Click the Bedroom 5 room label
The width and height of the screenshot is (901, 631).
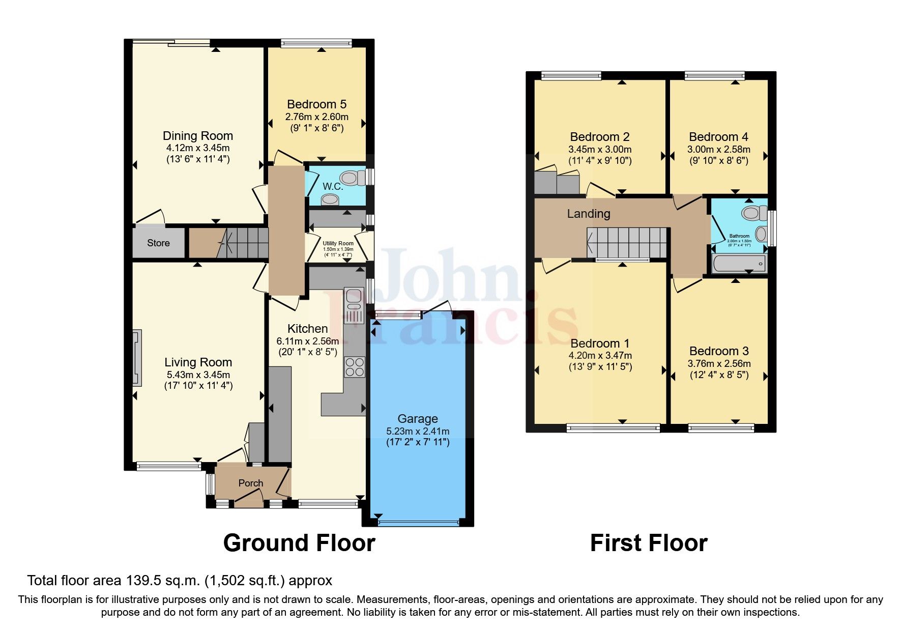[x=316, y=104]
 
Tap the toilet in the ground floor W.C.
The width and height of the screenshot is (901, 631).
[x=352, y=178]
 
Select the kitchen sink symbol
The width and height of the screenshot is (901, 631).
[x=354, y=305]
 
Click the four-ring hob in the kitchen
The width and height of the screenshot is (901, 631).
[x=355, y=367]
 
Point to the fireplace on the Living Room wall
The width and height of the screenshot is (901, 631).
[x=137, y=357]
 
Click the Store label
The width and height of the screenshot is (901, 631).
[x=158, y=243]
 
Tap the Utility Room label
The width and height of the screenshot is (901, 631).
[x=338, y=243]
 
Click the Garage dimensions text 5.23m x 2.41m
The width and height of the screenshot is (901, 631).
[x=417, y=431]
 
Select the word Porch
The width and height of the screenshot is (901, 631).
[x=251, y=483]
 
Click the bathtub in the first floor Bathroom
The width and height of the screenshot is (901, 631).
[x=739, y=264]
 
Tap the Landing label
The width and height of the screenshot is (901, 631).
[x=589, y=214]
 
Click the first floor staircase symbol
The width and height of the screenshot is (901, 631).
[x=627, y=243]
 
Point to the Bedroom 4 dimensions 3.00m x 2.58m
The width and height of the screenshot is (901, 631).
[x=718, y=150]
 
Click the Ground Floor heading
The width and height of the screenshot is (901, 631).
[x=299, y=543]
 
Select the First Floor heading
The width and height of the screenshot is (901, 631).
[x=648, y=543]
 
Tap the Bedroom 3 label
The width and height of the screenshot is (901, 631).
[x=718, y=351]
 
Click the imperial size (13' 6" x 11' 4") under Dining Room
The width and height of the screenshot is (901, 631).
[x=198, y=159]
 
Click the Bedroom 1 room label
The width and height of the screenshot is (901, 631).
[x=599, y=343]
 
